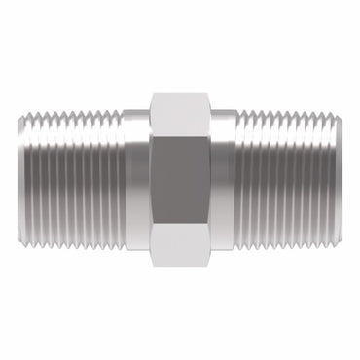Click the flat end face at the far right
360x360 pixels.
point(342,180)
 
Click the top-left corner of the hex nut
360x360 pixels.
point(152,95)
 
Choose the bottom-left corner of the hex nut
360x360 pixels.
point(152,264)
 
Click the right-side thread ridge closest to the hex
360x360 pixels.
point(239,180)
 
